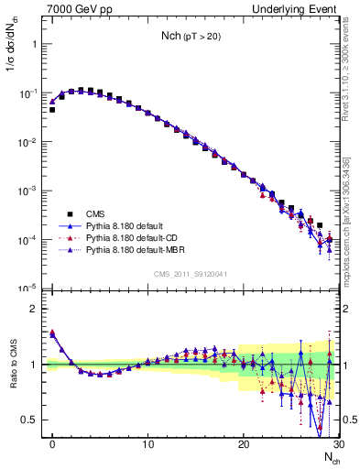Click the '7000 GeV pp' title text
76,8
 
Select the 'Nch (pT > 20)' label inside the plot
190,38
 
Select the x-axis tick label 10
147,443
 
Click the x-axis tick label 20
243,443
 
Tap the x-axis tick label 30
336,443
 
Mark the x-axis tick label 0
53,443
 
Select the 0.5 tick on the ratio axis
29,420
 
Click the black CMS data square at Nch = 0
52,110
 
